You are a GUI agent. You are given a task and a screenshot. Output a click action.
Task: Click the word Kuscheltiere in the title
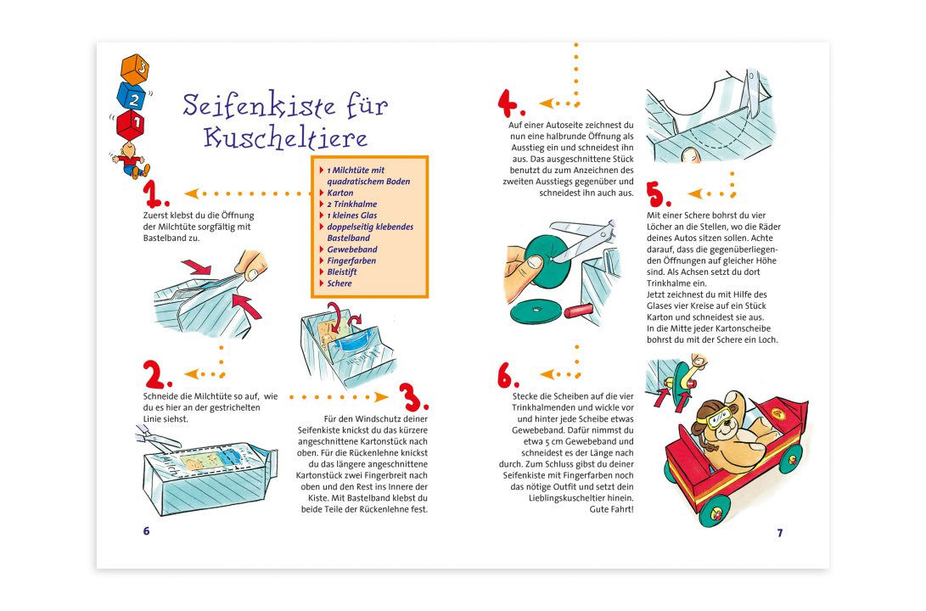click(x=286, y=137)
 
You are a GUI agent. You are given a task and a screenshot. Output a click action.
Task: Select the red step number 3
click(x=413, y=396)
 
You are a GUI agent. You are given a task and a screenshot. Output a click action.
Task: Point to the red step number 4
click(x=511, y=104)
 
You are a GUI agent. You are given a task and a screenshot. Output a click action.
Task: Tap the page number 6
click(x=146, y=531)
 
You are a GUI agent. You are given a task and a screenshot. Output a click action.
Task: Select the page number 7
click(x=779, y=533)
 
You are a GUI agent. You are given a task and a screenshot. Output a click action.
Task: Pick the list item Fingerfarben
click(x=351, y=261)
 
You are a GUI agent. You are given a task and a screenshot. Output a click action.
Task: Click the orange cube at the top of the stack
click(x=134, y=68)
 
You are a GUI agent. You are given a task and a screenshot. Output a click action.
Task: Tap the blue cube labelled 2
click(x=132, y=96)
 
